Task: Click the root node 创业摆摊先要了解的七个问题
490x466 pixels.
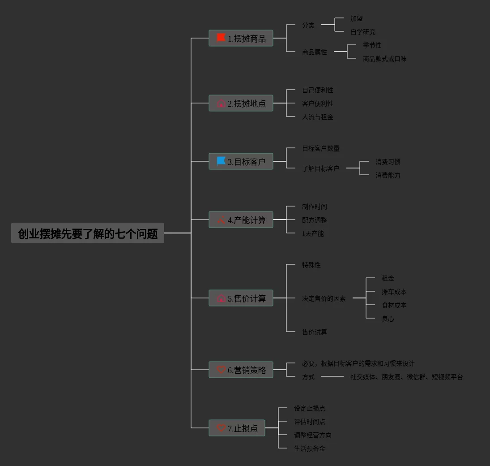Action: [x=88, y=233]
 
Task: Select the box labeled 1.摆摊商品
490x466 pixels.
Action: [x=241, y=38]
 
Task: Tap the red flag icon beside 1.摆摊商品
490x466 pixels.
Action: [x=221, y=38]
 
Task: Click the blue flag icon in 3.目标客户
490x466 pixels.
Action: [x=221, y=161]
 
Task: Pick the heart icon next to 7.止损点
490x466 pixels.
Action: [x=221, y=427]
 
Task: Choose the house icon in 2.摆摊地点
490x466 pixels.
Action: [x=221, y=103]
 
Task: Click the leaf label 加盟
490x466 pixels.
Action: [x=357, y=18]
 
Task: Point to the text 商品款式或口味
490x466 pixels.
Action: [x=385, y=59]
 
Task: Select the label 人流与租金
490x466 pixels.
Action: [x=318, y=117]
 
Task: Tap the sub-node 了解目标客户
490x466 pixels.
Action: [x=320, y=168]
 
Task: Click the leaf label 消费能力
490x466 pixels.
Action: [x=388, y=175]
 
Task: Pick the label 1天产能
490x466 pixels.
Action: [x=313, y=233]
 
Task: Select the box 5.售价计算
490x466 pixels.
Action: [x=241, y=298]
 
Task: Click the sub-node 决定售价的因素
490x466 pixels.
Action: [x=324, y=298]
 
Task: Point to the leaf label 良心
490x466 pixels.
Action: [x=388, y=319]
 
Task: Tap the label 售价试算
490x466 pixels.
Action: [x=315, y=332]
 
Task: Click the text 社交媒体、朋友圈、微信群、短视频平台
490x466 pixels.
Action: [x=407, y=377]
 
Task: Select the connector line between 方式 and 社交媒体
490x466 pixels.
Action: [x=332, y=376]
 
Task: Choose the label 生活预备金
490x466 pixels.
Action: [x=309, y=449]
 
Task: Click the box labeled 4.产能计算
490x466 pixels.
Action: [x=241, y=220]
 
